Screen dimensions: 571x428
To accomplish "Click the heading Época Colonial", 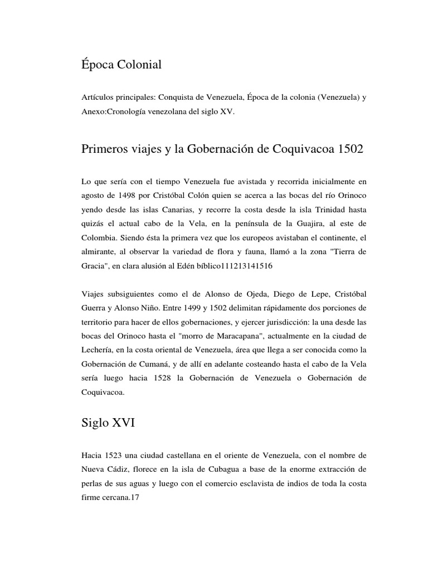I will click(x=121, y=65).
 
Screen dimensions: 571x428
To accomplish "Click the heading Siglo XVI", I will click(x=108, y=424).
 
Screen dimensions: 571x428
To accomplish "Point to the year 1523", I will click(x=116, y=455).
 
